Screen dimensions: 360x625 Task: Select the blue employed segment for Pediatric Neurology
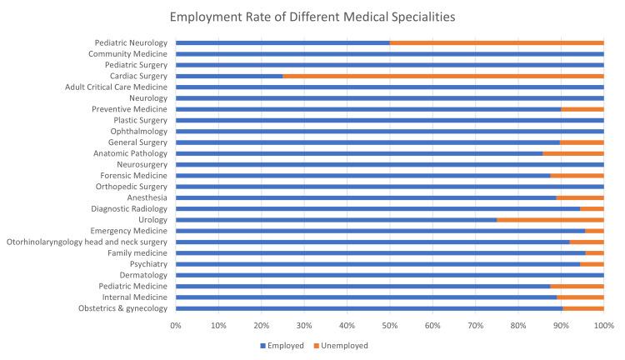tap(282, 42)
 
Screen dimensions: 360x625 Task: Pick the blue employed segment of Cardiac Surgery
tap(229, 76)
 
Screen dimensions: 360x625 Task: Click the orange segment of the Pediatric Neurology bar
tap(497, 42)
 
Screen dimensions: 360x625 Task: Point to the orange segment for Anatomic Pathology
tap(573, 153)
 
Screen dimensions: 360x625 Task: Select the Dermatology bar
tap(389, 275)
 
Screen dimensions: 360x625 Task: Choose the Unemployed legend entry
tap(343, 345)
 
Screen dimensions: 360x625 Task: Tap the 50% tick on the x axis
tap(389, 325)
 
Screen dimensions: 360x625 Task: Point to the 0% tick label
tap(176, 325)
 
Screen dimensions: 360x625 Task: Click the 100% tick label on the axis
tap(603, 325)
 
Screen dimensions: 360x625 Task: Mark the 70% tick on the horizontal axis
tap(475, 325)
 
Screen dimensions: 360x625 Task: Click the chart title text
tap(312, 15)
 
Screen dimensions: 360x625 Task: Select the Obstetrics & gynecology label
tap(122, 308)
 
